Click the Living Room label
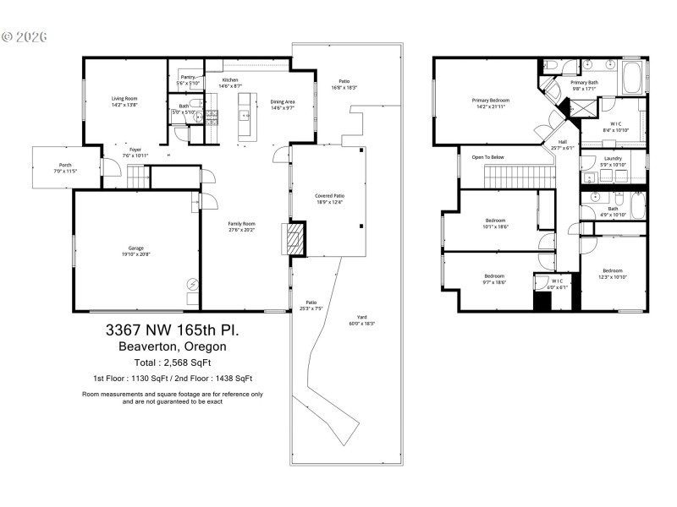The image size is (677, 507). point(124,99)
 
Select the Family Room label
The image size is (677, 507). point(241,224)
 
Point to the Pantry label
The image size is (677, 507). point(188,77)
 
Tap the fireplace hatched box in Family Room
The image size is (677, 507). point(292,238)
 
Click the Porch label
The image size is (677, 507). point(65,165)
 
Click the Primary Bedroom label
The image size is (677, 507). point(491,100)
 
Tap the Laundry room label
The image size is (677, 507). point(613,159)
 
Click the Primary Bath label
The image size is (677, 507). point(584,82)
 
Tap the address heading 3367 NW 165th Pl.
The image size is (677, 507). point(173,329)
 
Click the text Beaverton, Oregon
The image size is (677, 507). point(173,346)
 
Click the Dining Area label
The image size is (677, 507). point(282,101)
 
